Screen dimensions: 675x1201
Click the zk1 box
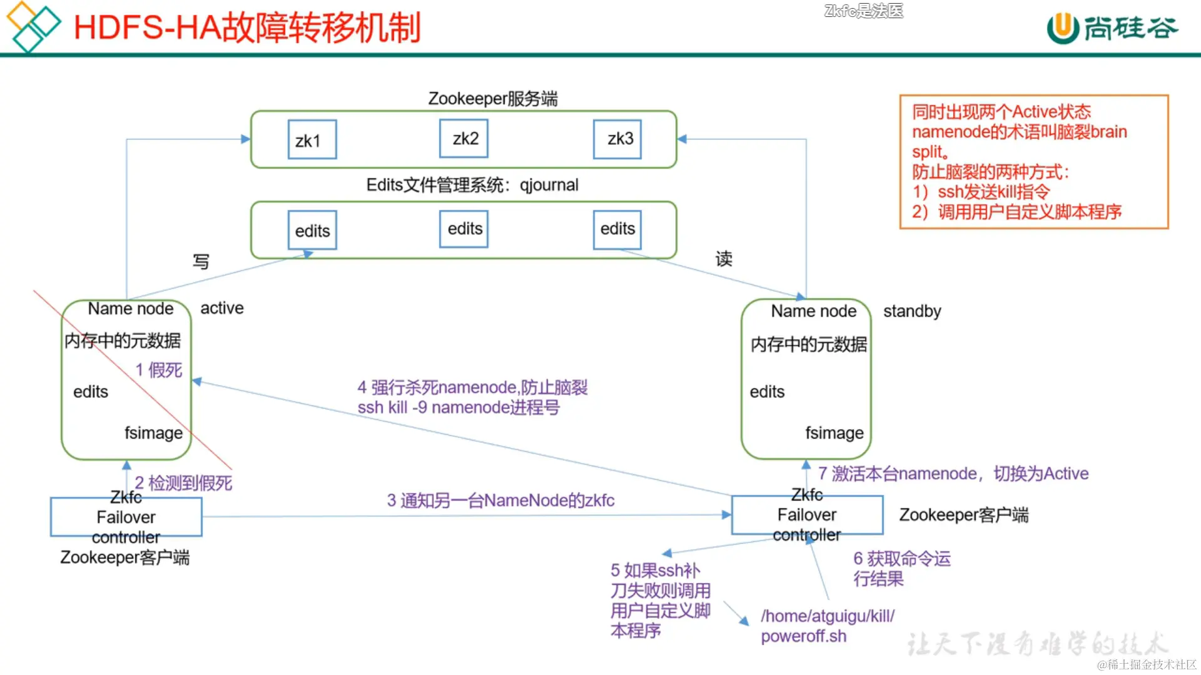(x=312, y=140)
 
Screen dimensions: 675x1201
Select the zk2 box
(x=464, y=139)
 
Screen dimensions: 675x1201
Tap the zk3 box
(x=617, y=139)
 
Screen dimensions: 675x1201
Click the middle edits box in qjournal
(x=464, y=229)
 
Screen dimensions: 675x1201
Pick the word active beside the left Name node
(x=222, y=308)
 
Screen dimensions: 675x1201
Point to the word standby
(x=912, y=311)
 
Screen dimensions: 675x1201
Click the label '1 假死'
(x=159, y=370)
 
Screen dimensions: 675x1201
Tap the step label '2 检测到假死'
(x=183, y=482)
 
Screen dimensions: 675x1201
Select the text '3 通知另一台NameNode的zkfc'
(x=500, y=501)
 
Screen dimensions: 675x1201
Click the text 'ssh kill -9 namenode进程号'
(x=459, y=407)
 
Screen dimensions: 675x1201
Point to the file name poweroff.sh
(x=803, y=636)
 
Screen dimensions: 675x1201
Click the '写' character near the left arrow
(x=201, y=261)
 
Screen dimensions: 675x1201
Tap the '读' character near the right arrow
(x=724, y=259)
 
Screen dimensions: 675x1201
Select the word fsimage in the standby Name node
(x=834, y=433)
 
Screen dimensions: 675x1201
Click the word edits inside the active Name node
(x=91, y=392)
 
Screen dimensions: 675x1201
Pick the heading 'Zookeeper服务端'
(x=493, y=99)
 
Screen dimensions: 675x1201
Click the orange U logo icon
(x=1062, y=29)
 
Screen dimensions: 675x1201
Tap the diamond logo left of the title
(x=33, y=26)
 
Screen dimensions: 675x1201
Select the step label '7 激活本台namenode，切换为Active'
(x=953, y=474)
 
